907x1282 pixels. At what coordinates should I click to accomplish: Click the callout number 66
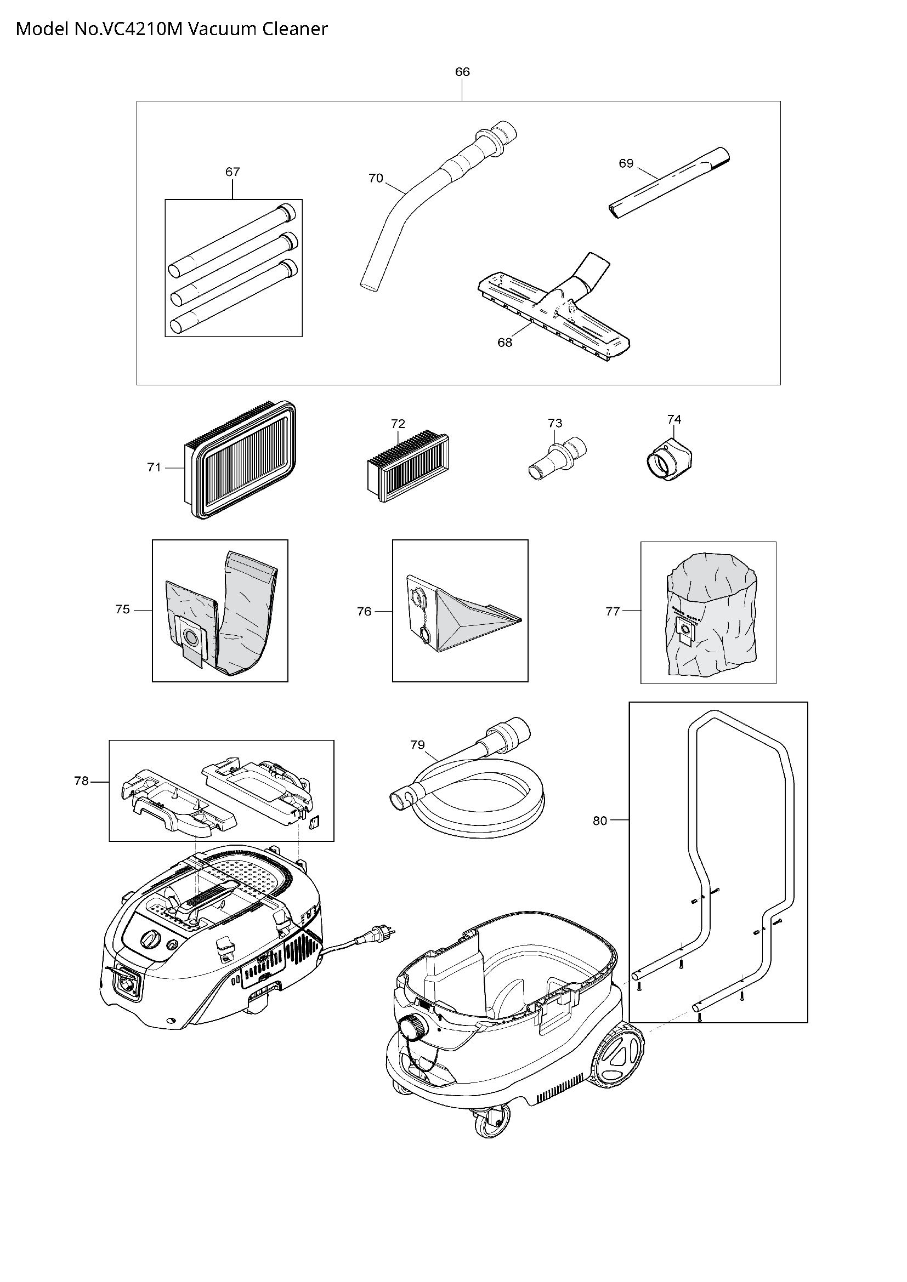[x=462, y=71]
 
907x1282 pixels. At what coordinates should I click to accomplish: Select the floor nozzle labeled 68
[x=553, y=312]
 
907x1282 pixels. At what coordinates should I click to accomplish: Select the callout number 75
[x=122, y=609]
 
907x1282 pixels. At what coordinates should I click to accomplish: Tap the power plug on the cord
[x=385, y=931]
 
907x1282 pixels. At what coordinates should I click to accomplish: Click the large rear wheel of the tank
[x=618, y=1054]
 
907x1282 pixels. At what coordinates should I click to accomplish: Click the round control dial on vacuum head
[x=149, y=940]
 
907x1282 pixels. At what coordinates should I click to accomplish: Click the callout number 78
[x=81, y=781]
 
